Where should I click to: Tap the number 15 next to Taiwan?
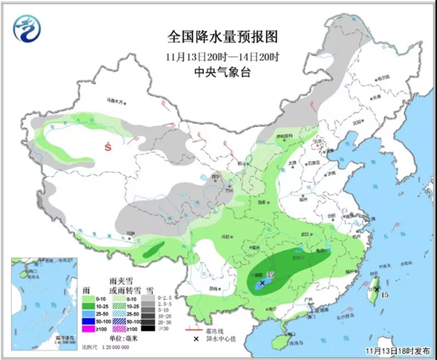click(386, 294)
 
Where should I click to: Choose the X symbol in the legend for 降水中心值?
click(195, 339)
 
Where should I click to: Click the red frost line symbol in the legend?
click(195, 327)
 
